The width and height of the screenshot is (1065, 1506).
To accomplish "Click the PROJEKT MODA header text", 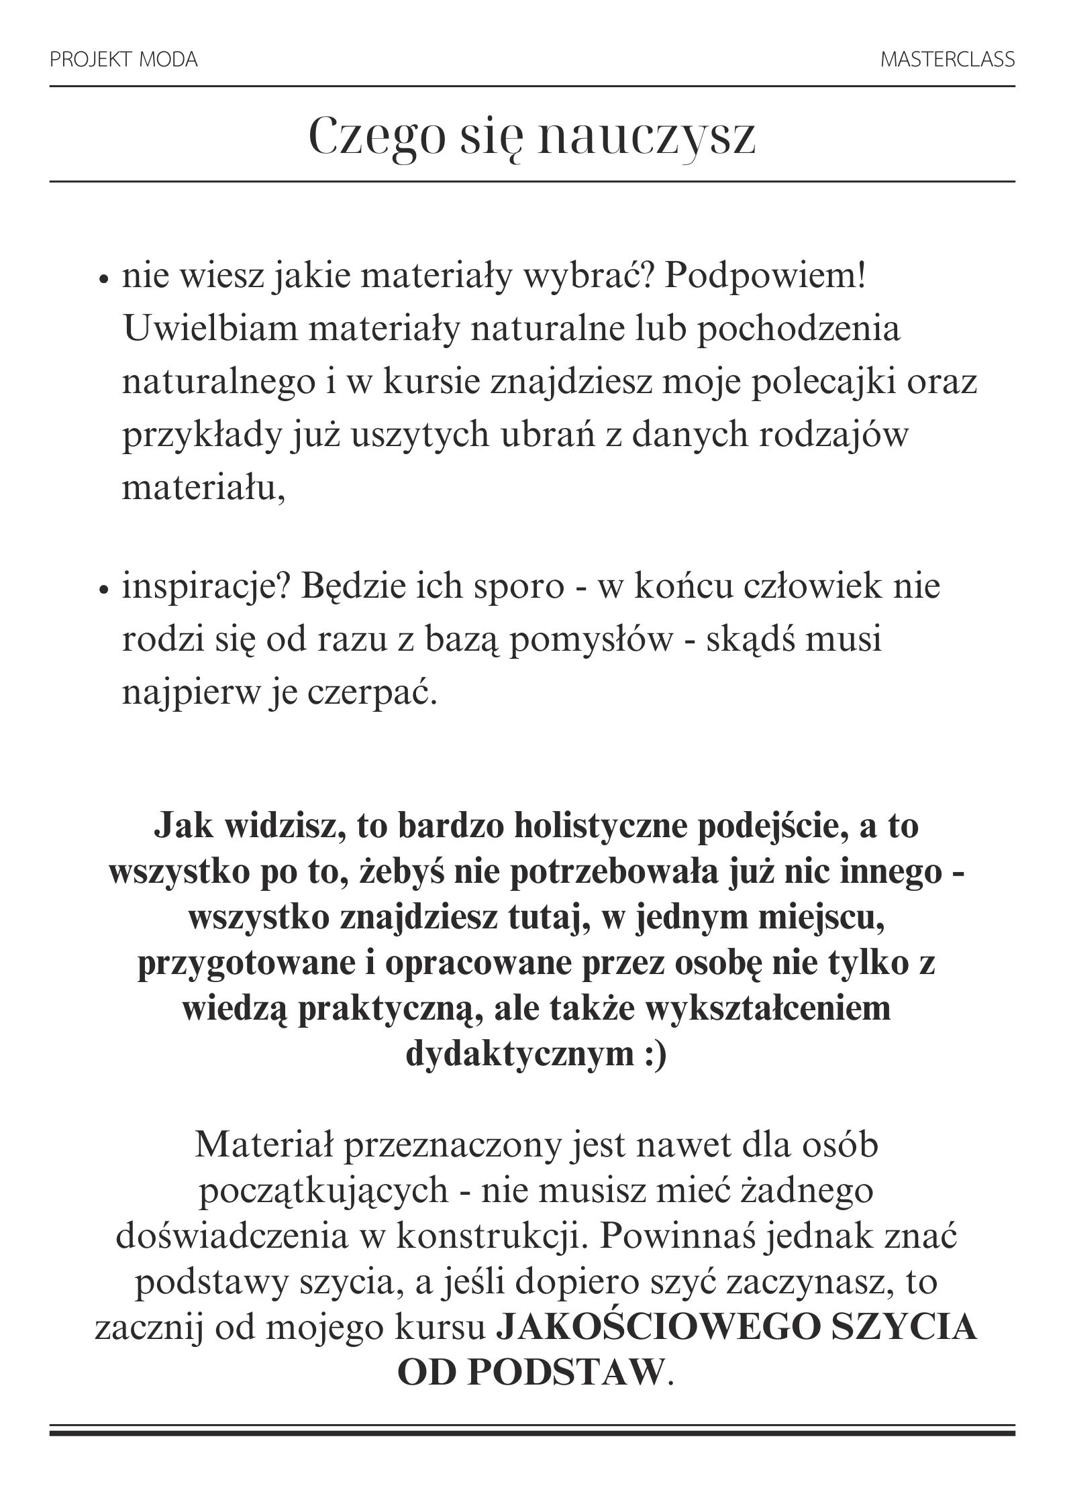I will coord(123,60).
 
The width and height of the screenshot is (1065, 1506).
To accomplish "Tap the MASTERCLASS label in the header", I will coord(947,60).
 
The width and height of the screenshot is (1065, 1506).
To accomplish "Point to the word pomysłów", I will coord(590,640).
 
